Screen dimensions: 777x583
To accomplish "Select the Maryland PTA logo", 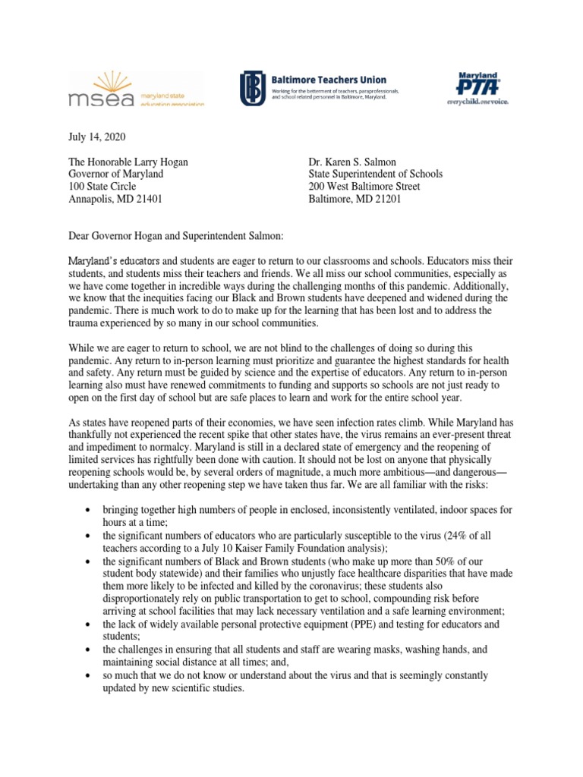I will point(477,81).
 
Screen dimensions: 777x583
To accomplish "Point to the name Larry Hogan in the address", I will point(162,161).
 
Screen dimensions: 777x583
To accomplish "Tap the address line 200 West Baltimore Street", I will point(364,187).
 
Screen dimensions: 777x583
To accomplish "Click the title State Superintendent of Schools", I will point(375,174).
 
